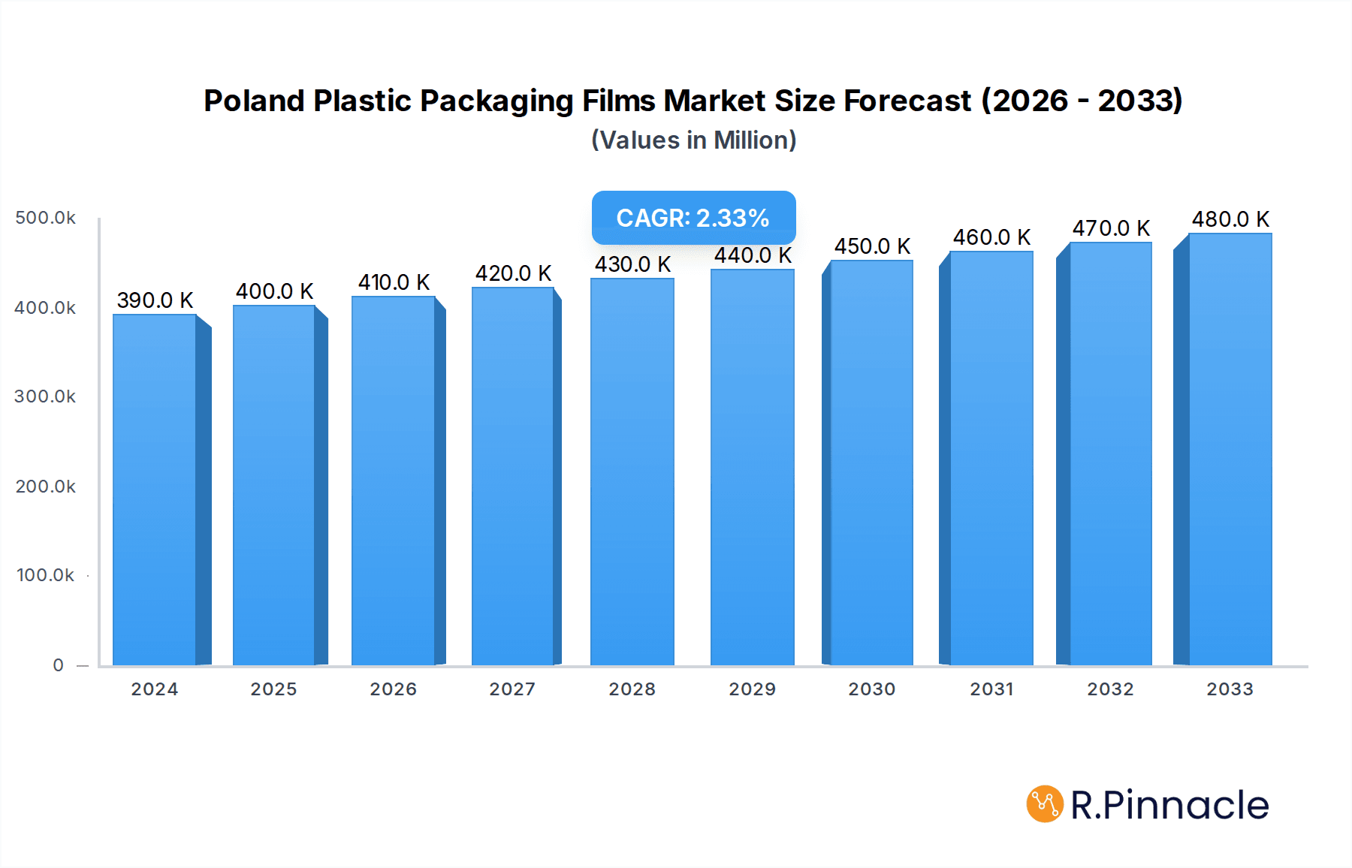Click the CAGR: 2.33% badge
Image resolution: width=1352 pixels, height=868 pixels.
(x=693, y=218)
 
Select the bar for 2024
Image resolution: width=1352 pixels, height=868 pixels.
(x=155, y=488)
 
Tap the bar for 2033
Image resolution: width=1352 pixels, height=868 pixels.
(x=1230, y=451)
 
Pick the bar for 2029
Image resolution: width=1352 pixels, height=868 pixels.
(x=752, y=466)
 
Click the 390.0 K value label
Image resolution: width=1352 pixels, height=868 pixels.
(x=155, y=300)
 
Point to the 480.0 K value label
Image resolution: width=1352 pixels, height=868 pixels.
(x=1230, y=219)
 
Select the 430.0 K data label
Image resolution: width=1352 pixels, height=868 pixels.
(x=632, y=264)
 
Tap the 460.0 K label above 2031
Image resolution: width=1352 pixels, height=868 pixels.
(x=991, y=237)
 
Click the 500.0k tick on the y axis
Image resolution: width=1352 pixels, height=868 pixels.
(x=45, y=218)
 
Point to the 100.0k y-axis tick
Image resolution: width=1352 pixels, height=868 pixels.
(x=45, y=575)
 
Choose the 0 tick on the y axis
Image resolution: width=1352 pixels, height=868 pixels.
(x=58, y=665)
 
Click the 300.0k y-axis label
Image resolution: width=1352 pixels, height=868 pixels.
(x=45, y=396)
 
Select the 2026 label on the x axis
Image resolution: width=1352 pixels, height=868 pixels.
(x=393, y=689)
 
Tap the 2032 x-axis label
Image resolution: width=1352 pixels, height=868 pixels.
(x=1110, y=689)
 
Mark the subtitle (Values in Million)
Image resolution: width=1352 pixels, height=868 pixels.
(x=693, y=140)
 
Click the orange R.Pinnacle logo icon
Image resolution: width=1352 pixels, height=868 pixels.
(x=1045, y=804)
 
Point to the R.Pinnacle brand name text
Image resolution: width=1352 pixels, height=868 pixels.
(x=1169, y=805)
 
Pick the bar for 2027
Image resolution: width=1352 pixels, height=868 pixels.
(x=513, y=477)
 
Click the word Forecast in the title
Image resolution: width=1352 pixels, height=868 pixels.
(x=907, y=101)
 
